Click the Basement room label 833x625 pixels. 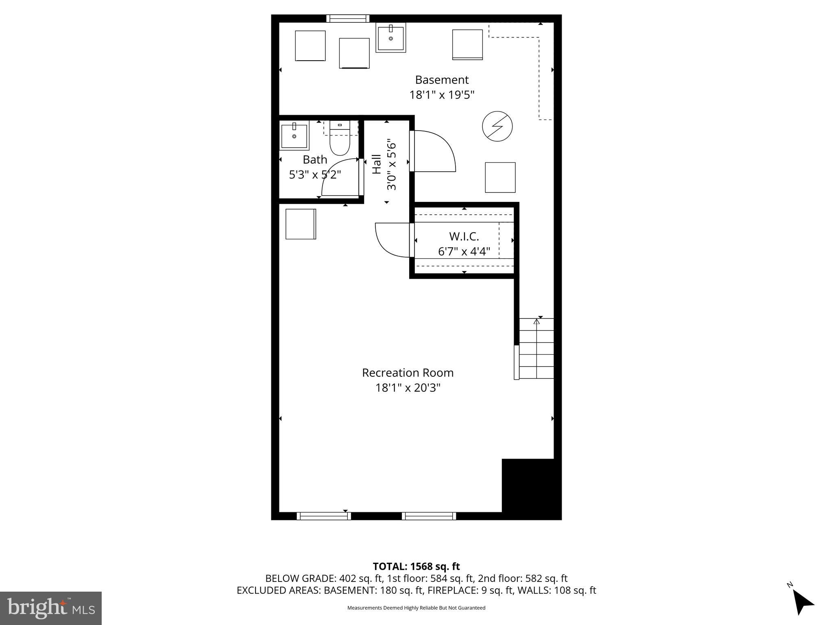pyautogui.click(x=442, y=80)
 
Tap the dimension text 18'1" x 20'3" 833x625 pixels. pyautogui.click(x=408, y=388)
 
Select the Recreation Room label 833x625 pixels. pyautogui.click(x=408, y=373)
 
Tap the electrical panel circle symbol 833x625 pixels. pyautogui.click(x=497, y=126)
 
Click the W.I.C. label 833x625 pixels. pyautogui.click(x=464, y=236)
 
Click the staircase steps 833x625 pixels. pyautogui.click(x=536, y=349)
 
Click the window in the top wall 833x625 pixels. pyautogui.click(x=348, y=18)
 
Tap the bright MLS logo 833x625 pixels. pyautogui.click(x=51, y=608)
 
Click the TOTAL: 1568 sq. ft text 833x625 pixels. pyautogui.click(x=416, y=566)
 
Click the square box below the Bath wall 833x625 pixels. pyautogui.click(x=301, y=224)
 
